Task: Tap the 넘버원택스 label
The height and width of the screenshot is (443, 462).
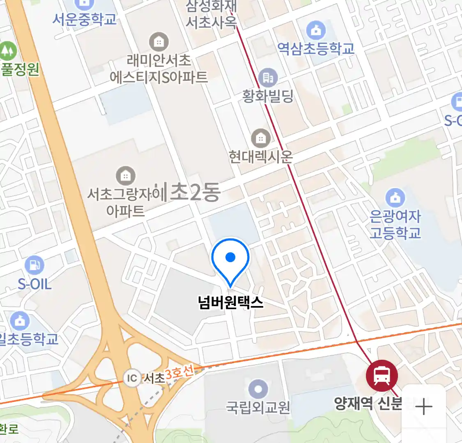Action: tap(230, 303)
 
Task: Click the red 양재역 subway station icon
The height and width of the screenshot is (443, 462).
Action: tap(382, 375)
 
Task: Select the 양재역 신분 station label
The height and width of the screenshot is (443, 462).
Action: tap(368, 403)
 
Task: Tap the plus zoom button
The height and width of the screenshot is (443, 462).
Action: tap(423, 407)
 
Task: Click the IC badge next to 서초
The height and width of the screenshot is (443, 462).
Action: tap(132, 378)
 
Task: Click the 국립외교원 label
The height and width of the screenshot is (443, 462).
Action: tap(258, 407)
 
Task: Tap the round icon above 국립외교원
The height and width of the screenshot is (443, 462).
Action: tap(258, 389)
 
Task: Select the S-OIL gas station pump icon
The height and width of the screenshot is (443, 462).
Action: tap(34, 265)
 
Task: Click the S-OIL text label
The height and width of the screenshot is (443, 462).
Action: tap(34, 284)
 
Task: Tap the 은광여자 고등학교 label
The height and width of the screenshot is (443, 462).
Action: tap(395, 224)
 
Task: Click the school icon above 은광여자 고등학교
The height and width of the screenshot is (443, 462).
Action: tap(395, 198)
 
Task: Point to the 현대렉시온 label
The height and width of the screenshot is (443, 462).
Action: tap(261, 156)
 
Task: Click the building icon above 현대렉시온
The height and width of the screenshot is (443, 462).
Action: tap(261, 138)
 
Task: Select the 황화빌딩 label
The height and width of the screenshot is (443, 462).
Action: tap(268, 96)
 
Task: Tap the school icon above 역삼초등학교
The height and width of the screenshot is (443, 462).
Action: tap(316, 30)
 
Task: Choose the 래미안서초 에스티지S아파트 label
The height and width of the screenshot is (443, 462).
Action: tap(159, 69)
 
